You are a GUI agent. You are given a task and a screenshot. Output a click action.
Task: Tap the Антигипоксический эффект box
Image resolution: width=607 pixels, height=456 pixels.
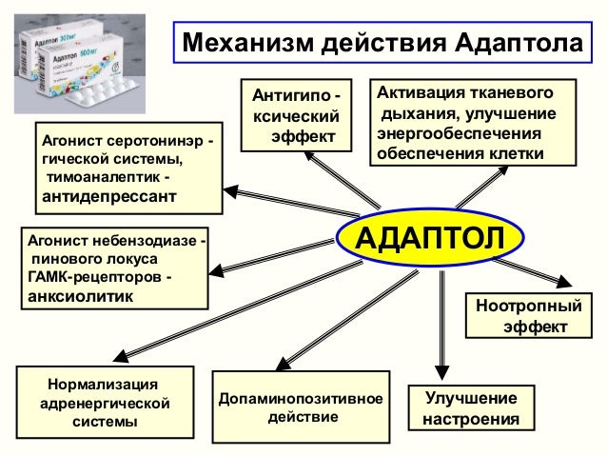pos(297,116)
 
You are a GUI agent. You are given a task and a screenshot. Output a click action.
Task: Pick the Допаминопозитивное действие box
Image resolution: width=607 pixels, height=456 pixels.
pos(301,408)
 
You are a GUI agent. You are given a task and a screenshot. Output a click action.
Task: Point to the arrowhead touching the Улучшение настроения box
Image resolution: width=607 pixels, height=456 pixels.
pos(440,374)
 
